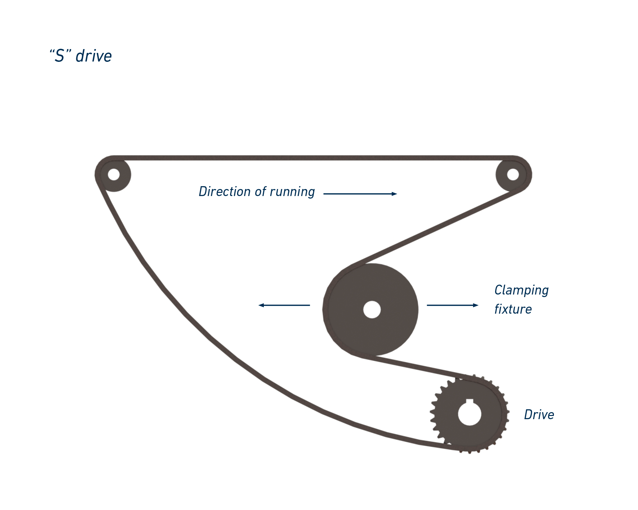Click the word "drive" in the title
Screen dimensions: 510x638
click(x=94, y=56)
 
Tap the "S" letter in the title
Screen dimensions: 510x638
click(x=60, y=56)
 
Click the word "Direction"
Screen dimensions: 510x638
click(x=224, y=192)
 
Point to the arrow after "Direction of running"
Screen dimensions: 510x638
click(x=360, y=194)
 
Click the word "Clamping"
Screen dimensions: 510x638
click(x=521, y=290)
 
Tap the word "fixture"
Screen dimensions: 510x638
click(x=513, y=309)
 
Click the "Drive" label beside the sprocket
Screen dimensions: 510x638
click(x=539, y=415)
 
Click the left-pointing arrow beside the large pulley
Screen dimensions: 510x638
click(x=284, y=305)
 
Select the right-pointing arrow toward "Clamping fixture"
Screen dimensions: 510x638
click(x=452, y=305)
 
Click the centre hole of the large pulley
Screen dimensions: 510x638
click(x=372, y=310)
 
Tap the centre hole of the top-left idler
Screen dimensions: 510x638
click(x=114, y=174)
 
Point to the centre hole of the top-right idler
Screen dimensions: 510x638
click(x=513, y=174)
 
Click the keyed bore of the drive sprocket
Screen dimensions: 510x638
click(x=470, y=414)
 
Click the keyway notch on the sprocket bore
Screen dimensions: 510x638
click(x=470, y=401)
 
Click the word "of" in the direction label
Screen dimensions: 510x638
click(x=260, y=192)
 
